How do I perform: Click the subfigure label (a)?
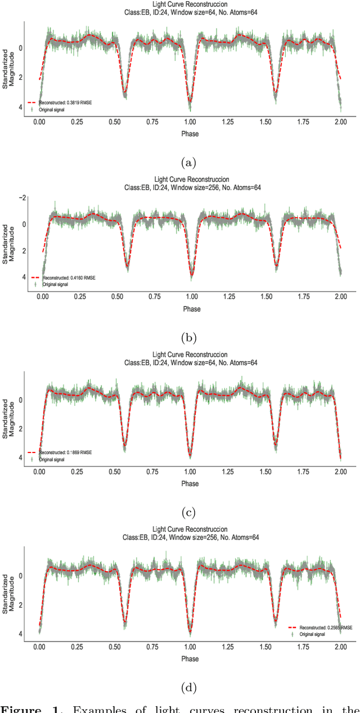click(188, 163)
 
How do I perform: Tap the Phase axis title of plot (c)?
click(190, 483)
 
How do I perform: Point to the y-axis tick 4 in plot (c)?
click(21, 458)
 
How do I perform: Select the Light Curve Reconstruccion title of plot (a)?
click(191, 5)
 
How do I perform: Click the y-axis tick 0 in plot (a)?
click(20, 48)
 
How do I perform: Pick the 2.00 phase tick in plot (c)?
click(340, 472)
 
